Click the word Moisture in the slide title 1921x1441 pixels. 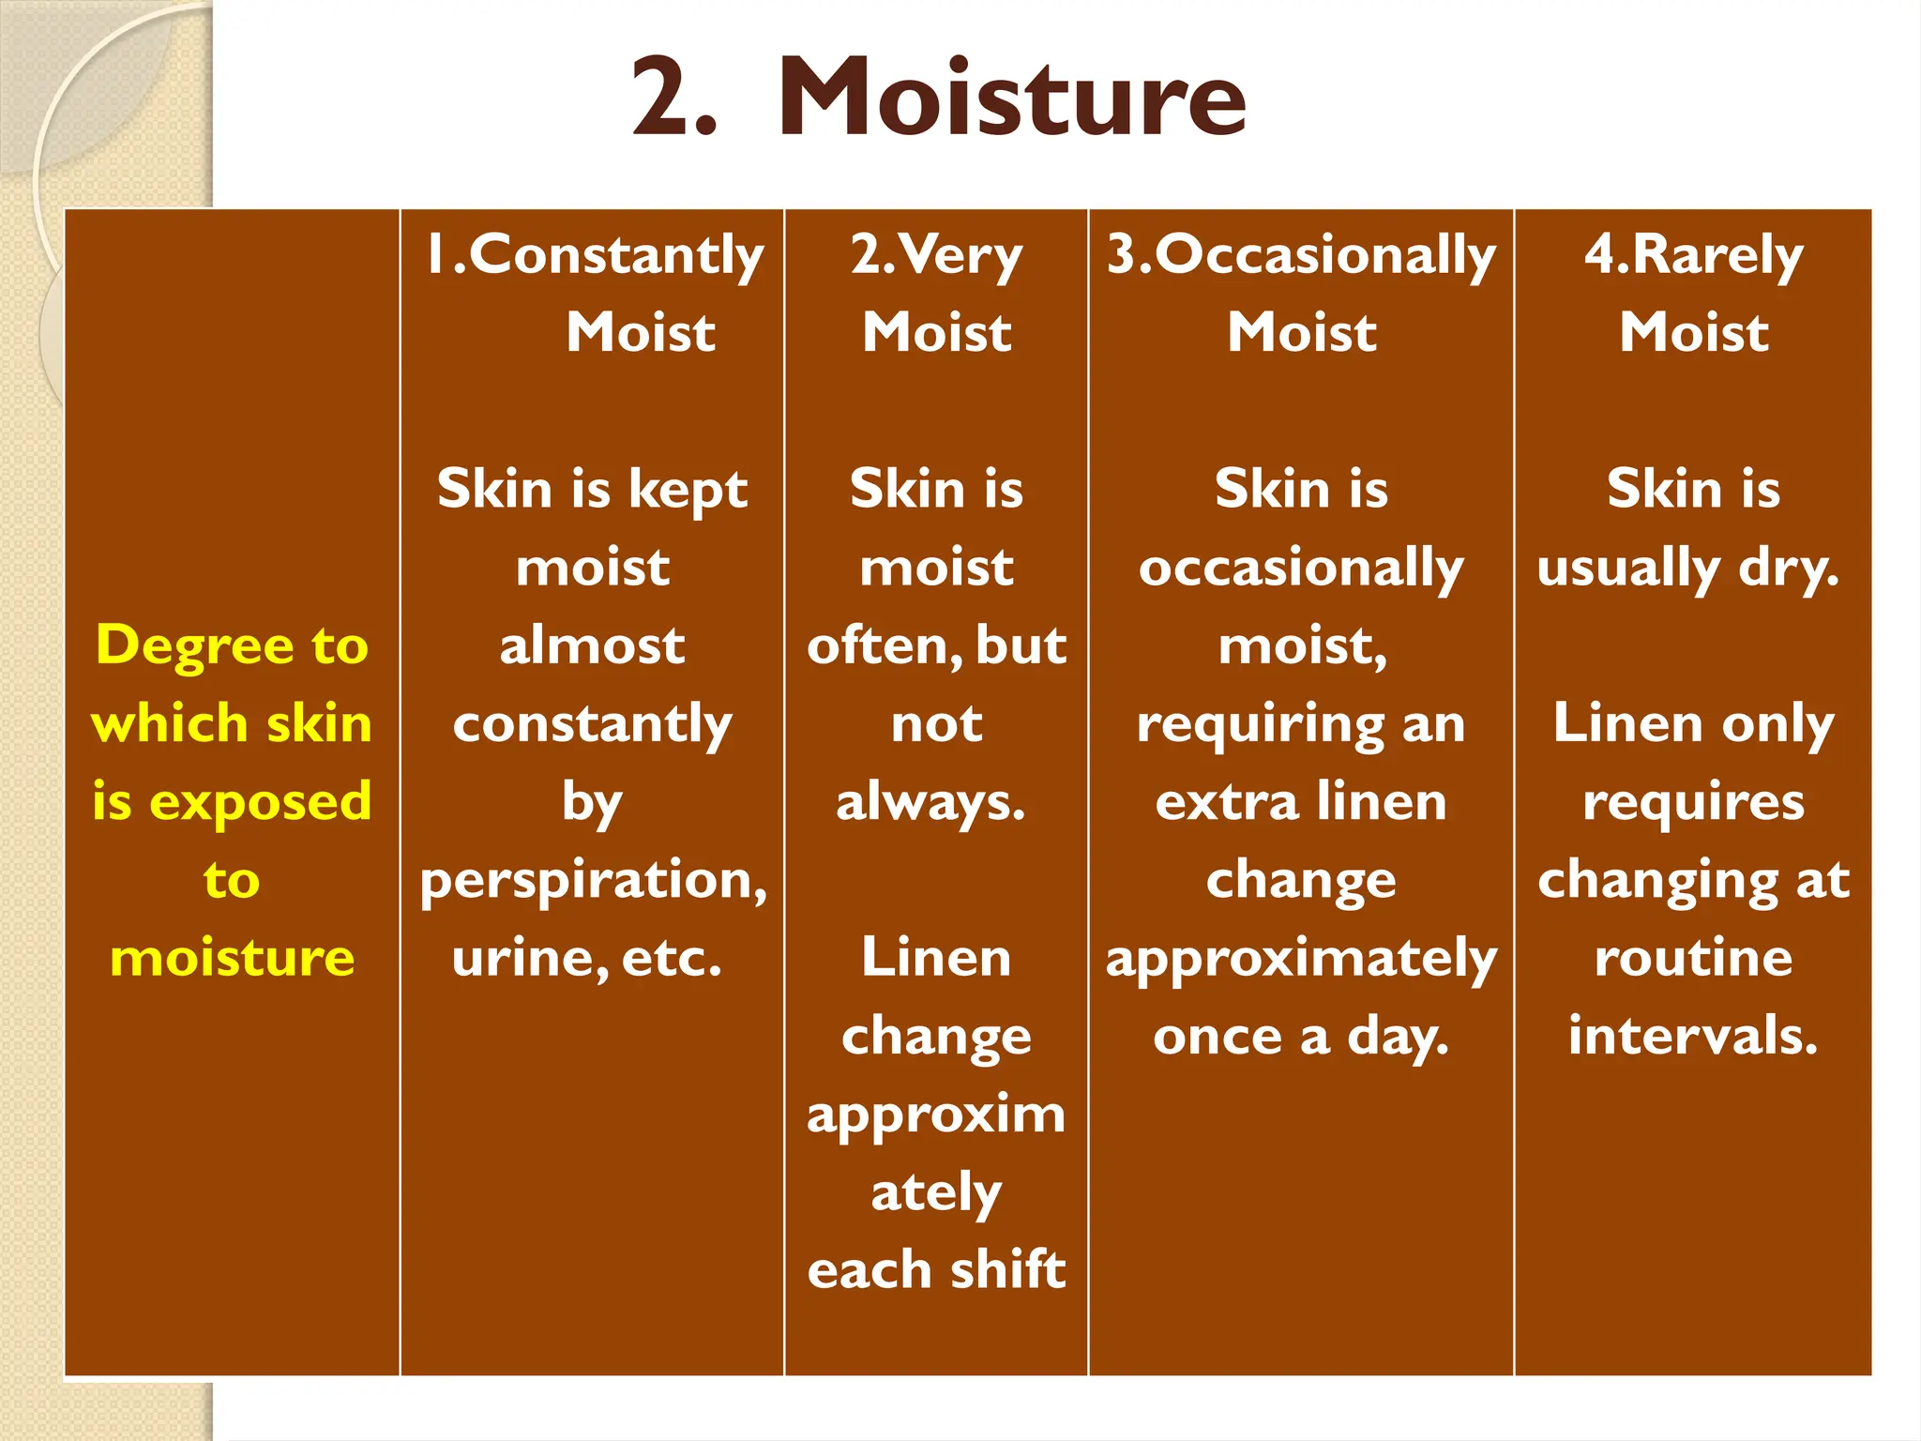(x=1012, y=98)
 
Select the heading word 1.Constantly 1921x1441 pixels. (x=595, y=255)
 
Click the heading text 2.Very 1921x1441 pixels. (x=936, y=255)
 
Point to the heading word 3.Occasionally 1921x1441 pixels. (x=1301, y=255)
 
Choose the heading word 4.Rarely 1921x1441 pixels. (x=1693, y=255)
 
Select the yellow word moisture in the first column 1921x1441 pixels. (x=232, y=958)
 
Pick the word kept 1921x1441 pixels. (x=688, y=490)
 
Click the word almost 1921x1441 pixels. (x=592, y=645)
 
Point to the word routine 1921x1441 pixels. (x=1693, y=958)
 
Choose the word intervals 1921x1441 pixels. (x=1693, y=1036)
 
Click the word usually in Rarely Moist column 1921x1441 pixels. (x=1628, y=569)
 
